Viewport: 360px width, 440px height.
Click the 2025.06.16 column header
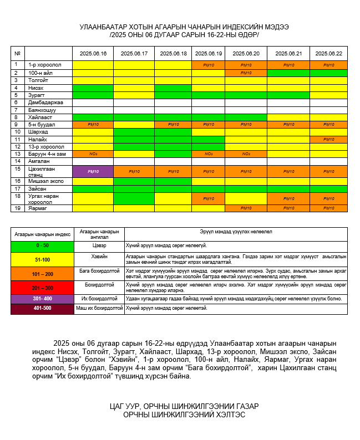click(93, 53)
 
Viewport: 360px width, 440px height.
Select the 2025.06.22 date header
click(328, 53)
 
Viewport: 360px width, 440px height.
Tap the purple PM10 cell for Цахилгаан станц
click(93, 171)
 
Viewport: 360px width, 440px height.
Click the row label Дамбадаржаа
click(45, 103)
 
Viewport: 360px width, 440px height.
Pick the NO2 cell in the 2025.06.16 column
click(93, 154)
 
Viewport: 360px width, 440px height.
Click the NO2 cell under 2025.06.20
click(246, 154)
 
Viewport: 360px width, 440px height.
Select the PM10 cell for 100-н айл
click(246, 73)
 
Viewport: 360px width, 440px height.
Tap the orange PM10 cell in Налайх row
click(328, 139)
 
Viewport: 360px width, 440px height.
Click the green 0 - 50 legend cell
click(42, 245)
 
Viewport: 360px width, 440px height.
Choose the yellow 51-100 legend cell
click(42, 259)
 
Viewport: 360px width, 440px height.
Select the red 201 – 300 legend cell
click(42, 288)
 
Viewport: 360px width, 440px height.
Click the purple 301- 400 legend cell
click(42, 299)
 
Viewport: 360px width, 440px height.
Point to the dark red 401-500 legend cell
click(42, 308)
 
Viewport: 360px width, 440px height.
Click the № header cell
click(18, 53)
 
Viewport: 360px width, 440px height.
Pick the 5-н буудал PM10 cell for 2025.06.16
click(93, 125)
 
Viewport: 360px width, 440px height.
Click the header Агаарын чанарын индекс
click(42, 233)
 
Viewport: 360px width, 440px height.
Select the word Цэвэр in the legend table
click(99, 244)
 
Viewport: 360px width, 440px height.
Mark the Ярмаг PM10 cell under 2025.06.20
click(246, 208)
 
